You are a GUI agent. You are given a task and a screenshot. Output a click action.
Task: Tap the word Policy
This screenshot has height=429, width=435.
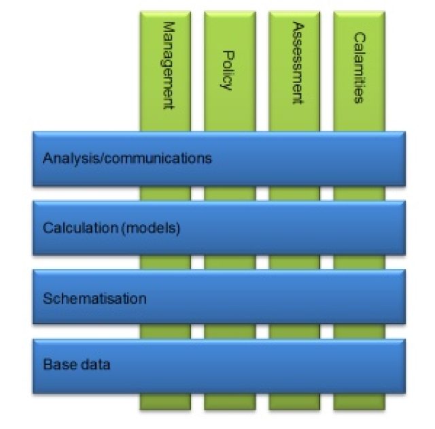pyautogui.click(x=228, y=69)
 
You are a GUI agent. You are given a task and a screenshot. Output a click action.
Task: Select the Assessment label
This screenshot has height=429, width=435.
pyautogui.click(x=295, y=63)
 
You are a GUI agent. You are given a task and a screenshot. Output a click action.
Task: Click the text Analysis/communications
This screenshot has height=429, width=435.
pyautogui.click(x=127, y=159)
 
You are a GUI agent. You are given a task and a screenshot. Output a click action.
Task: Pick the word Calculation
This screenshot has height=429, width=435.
pyautogui.click(x=70, y=228)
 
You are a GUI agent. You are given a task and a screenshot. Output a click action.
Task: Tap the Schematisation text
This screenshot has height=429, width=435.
pyautogui.click(x=94, y=298)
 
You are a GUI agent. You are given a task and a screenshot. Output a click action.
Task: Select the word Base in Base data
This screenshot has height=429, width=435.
pyautogui.click(x=56, y=364)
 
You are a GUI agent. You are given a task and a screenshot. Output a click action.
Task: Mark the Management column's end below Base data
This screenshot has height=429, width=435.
pyautogui.click(x=166, y=401)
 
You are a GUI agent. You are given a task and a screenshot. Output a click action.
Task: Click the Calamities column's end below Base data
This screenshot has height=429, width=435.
pyautogui.click(x=358, y=401)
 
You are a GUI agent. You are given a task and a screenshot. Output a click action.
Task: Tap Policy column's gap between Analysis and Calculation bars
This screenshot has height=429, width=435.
pyautogui.click(x=230, y=194)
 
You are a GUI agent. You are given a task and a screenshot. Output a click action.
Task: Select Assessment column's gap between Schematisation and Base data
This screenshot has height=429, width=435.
pyautogui.click(x=294, y=332)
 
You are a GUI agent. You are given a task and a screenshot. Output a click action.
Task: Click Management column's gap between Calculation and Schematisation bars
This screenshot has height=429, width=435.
pyautogui.click(x=166, y=263)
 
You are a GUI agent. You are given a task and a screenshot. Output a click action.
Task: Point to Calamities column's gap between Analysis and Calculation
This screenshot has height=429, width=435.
pyautogui.click(x=358, y=194)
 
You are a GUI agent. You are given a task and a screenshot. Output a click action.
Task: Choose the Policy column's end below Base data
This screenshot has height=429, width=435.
pyautogui.click(x=230, y=401)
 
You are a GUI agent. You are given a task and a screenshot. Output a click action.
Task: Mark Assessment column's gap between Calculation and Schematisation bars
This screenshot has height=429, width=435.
pyautogui.click(x=294, y=263)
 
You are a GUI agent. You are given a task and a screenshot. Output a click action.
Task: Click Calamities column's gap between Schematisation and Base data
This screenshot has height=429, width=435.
pyautogui.click(x=358, y=332)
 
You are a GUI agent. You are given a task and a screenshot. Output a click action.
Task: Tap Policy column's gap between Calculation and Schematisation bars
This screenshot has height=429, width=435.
pyautogui.click(x=230, y=263)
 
